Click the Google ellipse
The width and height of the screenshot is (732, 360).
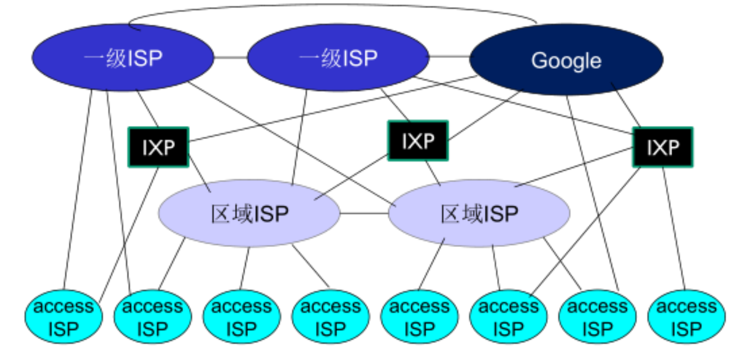[x=566, y=60]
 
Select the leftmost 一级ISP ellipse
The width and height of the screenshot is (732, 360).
[x=123, y=57]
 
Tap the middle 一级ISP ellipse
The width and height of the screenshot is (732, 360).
[x=338, y=57]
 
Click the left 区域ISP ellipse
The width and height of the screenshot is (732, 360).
[x=249, y=214]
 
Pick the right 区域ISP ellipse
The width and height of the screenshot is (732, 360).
[x=479, y=214]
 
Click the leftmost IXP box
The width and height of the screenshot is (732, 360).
[x=158, y=147]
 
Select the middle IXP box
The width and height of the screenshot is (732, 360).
[x=418, y=141]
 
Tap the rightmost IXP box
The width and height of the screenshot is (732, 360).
[x=663, y=147]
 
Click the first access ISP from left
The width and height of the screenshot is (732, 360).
[x=63, y=317]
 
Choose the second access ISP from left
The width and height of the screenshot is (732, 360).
[x=152, y=317]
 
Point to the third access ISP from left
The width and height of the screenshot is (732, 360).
[x=241, y=317]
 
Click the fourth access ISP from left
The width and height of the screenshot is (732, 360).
[x=330, y=317]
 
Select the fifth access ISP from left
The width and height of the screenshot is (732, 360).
[x=419, y=317]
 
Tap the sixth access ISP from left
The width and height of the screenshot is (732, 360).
[x=508, y=317]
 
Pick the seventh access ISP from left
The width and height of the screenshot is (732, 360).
[x=597, y=317]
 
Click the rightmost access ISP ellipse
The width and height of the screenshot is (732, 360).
[x=686, y=317]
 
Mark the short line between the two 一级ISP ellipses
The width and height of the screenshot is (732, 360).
[x=231, y=57]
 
